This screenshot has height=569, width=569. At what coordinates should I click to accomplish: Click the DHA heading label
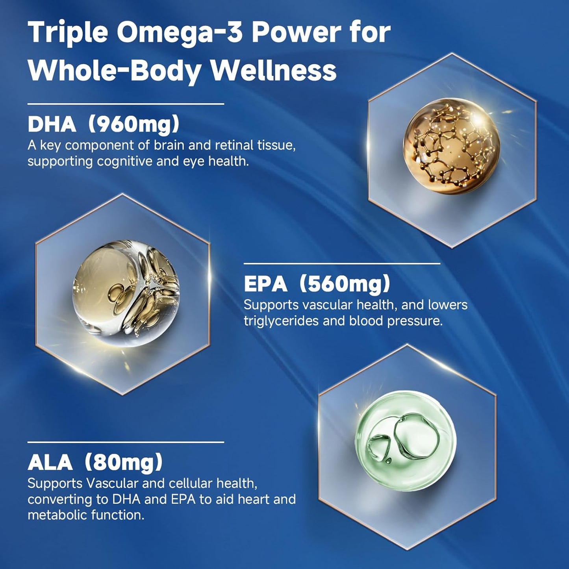[52, 124]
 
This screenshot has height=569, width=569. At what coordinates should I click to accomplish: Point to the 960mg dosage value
[133, 124]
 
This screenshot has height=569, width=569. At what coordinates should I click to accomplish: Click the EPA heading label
[265, 284]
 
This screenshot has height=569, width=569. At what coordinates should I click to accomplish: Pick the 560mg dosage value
[345, 284]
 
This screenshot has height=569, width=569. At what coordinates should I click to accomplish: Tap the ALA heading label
[50, 462]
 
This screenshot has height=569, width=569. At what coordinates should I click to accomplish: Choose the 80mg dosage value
[124, 462]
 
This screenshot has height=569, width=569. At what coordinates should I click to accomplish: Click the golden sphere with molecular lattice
[451, 146]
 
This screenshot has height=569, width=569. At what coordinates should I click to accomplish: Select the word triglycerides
[281, 321]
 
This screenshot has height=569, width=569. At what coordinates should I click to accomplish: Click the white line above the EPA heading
[342, 263]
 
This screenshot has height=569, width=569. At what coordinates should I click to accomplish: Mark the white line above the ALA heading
[126, 442]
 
